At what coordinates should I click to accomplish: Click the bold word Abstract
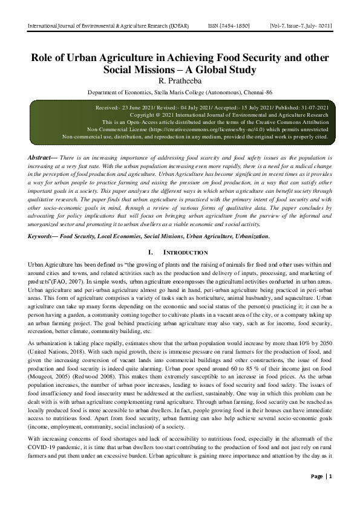[x=39, y=156]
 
